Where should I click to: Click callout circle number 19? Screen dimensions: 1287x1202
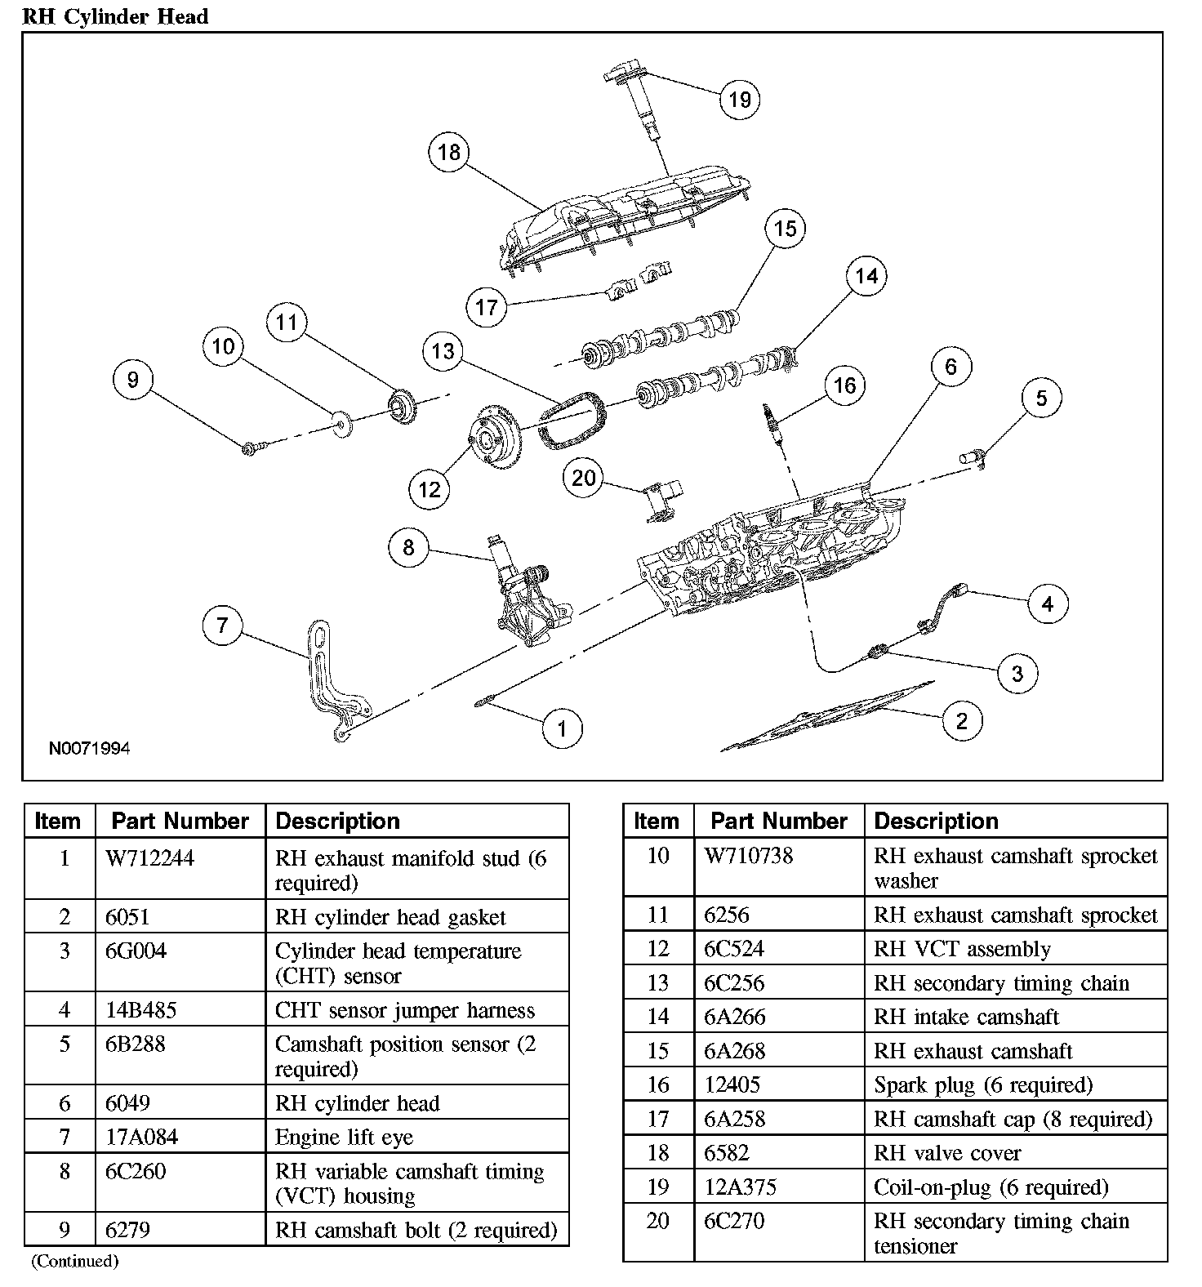click(739, 100)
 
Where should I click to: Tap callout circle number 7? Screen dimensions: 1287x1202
click(222, 626)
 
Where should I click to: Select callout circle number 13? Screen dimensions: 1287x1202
click(443, 351)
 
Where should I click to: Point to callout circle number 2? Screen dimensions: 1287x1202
click(961, 720)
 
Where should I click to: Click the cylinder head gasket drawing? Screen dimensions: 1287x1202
click(825, 719)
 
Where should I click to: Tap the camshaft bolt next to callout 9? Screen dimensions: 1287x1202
click(252, 447)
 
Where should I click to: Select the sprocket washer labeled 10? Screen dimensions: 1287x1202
click(341, 422)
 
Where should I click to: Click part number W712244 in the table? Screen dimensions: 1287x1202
click(150, 858)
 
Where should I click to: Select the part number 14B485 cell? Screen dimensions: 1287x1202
click(140, 1010)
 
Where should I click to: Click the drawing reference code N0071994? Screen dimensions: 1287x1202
click(89, 748)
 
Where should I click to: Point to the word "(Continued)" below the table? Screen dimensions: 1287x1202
click(75, 1262)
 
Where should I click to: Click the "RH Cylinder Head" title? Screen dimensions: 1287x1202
click(115, 16)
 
